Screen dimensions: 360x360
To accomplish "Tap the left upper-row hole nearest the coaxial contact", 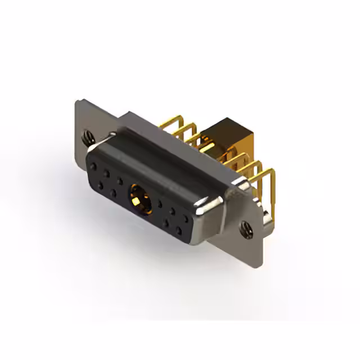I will click(x=120, y=181).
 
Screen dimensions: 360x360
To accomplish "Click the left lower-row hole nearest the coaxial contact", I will click(x=114, y=192).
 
